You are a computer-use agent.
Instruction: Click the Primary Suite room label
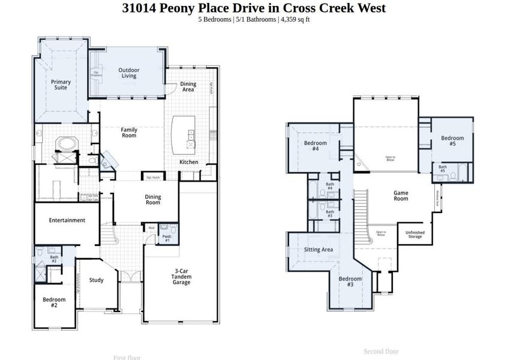[x=61, y=85]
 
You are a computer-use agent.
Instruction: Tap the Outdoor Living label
[x=128, y=73]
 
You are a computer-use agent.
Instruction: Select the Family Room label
[x=129, y=132]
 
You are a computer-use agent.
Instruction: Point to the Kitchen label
[x=189, y=162]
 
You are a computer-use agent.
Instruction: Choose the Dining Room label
[x=153, y=199]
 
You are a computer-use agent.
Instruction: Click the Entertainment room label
[x=67, y=220]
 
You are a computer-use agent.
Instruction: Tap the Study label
[x=96, y=280]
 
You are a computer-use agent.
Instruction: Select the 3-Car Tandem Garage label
[x=182, y=277]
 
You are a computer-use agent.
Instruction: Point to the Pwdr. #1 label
[x=167, y=238]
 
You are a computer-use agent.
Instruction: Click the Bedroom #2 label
[x=54, y=302]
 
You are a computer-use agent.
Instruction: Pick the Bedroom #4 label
[x=315, y=146]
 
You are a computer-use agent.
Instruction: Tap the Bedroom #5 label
[x=452, y=141]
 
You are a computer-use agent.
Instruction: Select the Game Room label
[x=401, y=196]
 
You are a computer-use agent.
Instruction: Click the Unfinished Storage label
[x=414, y=235]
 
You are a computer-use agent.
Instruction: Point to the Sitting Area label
[x=318, y=250]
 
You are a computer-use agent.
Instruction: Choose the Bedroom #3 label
[x=350, y=282]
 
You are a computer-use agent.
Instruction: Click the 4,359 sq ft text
[x=294, y=19]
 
